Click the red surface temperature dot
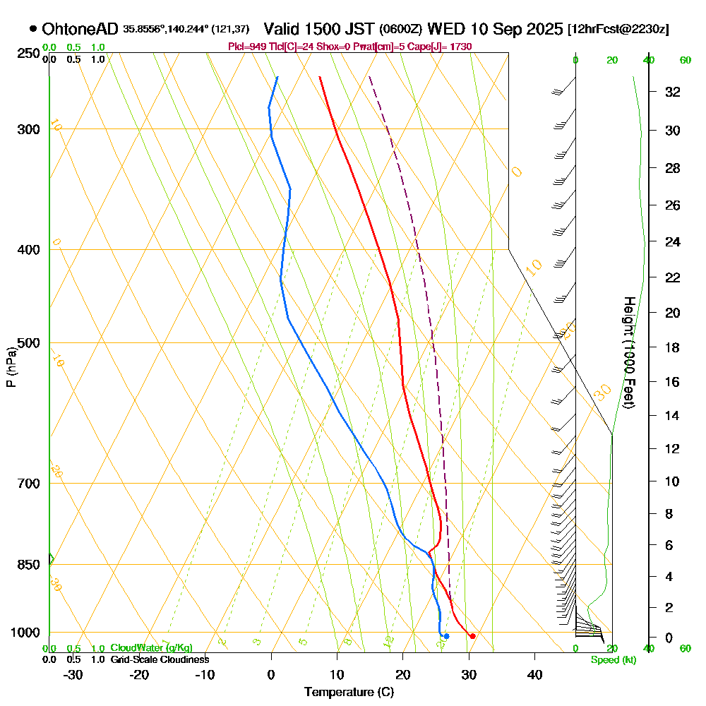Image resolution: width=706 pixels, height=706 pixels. click(x=472, y=636)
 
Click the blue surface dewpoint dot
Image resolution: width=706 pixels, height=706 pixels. click(x=446, y=636)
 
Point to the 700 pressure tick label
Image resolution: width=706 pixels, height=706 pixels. click(x=28, y=484)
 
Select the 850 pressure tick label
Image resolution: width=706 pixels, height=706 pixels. click(x=28, y=565)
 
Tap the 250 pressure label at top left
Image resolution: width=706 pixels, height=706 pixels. click(x=28, y=54)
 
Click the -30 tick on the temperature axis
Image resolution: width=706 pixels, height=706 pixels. click(x=73, y=675)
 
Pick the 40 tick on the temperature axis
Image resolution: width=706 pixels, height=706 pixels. click(x=534, y=675)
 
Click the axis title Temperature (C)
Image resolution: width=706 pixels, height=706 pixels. click(x=349, y=693)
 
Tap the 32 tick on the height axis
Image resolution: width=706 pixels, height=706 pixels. click(x=672, y=92)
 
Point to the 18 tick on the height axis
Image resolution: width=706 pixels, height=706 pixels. click(x=672, y=347)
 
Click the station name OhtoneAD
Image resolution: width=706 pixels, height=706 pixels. click(x=80, y=29)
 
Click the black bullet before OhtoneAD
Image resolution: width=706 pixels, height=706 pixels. click(x=33, y=29)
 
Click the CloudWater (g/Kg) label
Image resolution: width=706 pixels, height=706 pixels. click(x=151, y=648)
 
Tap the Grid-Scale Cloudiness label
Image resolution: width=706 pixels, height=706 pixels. click(x=159, y=659)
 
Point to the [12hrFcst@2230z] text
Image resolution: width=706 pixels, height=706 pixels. click(x=618, y=29)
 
